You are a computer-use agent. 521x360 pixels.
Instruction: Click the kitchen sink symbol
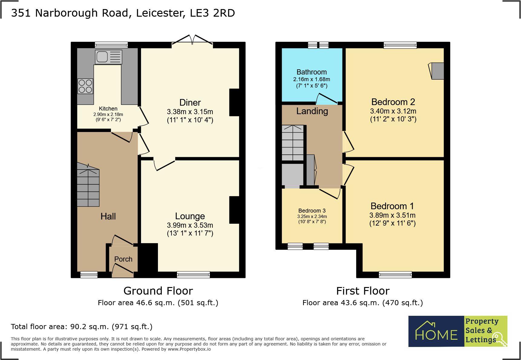tap(108, 57)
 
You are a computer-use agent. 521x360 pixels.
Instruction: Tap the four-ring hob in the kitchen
tap(85, 86)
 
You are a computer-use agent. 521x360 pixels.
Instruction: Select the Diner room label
tap(190, 103)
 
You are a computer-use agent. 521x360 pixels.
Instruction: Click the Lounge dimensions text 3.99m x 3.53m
tap(190, 225)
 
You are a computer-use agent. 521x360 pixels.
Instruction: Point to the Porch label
tap(123, 259)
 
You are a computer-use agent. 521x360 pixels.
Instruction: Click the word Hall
tap(108, 216)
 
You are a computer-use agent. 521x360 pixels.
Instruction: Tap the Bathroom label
tap(311, 72)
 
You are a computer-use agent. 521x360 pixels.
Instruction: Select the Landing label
tap(312, 111)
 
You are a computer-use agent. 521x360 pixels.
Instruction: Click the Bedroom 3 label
tap(312, 211)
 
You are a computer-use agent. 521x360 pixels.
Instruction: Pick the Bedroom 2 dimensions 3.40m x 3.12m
tap(393, 111)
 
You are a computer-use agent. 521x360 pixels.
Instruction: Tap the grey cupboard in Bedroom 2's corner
tap(437, 71)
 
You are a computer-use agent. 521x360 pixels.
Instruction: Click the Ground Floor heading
tap(158, 291)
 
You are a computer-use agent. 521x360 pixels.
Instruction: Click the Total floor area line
tap(81, 327)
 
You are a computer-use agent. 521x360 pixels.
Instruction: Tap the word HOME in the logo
tap(436, 335)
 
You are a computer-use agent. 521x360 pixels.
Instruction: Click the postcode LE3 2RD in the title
tap(212, 13)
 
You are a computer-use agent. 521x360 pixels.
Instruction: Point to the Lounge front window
tap(193, 275)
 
